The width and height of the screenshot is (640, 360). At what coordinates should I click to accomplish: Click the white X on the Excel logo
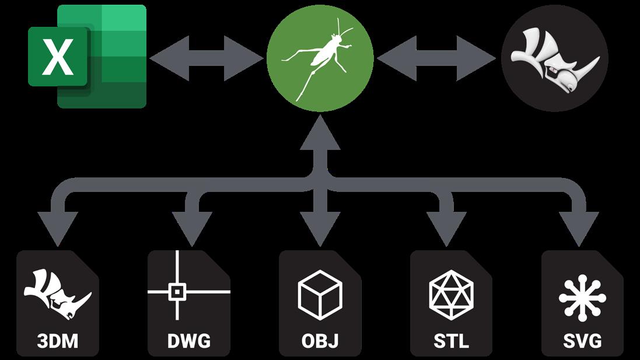57,57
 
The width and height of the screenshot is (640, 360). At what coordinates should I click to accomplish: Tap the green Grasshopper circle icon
320,58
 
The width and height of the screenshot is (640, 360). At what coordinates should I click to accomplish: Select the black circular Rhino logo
554,58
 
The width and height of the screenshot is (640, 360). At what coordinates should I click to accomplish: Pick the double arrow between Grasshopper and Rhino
436,58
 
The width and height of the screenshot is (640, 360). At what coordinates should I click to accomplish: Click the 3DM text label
57,340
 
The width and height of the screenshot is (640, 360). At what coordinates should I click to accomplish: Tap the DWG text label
188,340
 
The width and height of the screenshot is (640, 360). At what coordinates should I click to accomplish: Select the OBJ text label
320,340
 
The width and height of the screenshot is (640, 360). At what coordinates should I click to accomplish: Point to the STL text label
451,340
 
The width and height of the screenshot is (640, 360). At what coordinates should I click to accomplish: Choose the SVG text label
582,340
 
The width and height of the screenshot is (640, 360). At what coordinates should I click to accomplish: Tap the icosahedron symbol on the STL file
451,293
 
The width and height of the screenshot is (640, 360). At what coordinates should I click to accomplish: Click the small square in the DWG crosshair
176,291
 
